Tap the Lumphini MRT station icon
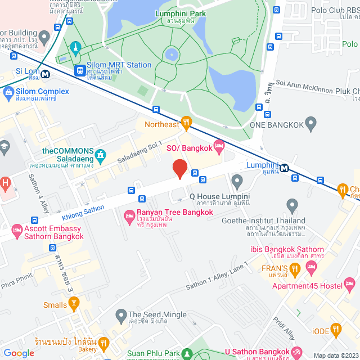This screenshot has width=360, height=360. [285, 167]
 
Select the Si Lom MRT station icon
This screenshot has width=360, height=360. [44, 72]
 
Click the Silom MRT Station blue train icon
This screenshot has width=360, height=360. [80, 70]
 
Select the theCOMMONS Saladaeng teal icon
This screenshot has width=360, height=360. [101, 154]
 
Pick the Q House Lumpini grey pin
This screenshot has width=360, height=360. [237, 181]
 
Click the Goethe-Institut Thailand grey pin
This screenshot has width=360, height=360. [291, 205]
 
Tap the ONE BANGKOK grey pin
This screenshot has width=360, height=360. [312, 125]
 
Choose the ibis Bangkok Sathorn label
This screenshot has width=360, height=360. [286, 249]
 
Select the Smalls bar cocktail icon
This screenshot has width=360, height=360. [74, 303]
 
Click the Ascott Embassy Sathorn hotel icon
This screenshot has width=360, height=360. [16, 230]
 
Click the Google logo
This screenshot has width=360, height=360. [19, 353]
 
